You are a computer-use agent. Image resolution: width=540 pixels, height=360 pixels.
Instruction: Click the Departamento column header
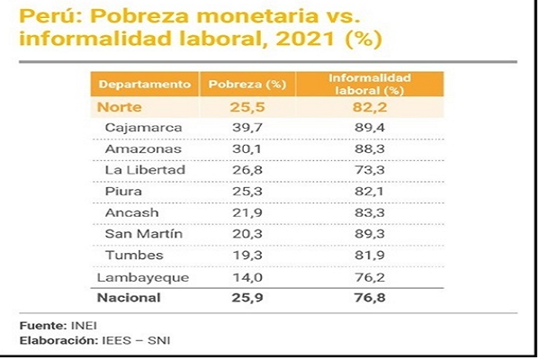[x=145, y=84]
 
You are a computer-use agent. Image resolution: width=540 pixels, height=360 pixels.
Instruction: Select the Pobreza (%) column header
[x=247, y=84]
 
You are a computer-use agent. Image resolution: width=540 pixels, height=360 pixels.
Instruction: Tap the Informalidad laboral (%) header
[x=364, y=84]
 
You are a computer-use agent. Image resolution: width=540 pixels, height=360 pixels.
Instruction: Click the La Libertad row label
[x=145, y=169]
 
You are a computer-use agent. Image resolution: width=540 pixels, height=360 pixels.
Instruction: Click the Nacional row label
[x=130, y=297]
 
